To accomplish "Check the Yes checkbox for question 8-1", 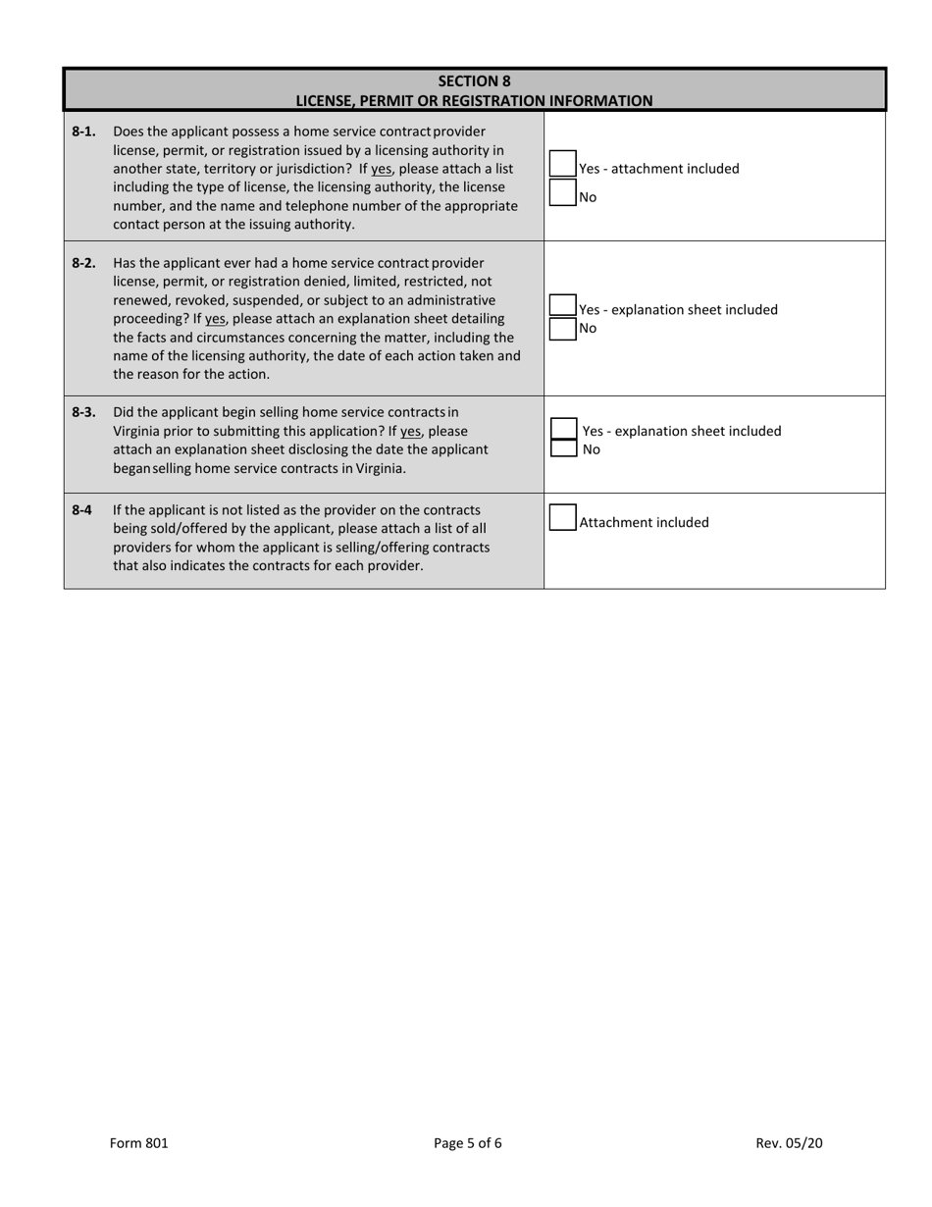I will [x=562, y=163].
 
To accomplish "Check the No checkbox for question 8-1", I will [x=562, y=193].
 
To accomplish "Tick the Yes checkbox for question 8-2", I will [x=562, y=305].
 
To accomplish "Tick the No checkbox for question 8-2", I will [x=562, y=329].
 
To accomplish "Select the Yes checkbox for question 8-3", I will [x=563, y=429].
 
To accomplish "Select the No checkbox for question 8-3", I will [x=563, y=448].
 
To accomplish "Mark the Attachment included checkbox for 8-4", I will [x=562, y=518].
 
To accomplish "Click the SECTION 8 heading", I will [x=474, y=81].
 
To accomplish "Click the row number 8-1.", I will [x=83, y=131].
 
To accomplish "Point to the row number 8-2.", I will [x=83, y=263].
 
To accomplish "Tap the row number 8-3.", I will [x=83, y=412].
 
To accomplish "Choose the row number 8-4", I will [x=81, y=510].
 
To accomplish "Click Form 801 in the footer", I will [x=138, y=1142].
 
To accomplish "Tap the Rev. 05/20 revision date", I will [x=789, y=1142].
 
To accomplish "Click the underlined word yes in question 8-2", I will [x=216, y=319].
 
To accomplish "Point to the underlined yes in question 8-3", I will [x=412, y=431].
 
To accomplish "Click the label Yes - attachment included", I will [x=659, y=169].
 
